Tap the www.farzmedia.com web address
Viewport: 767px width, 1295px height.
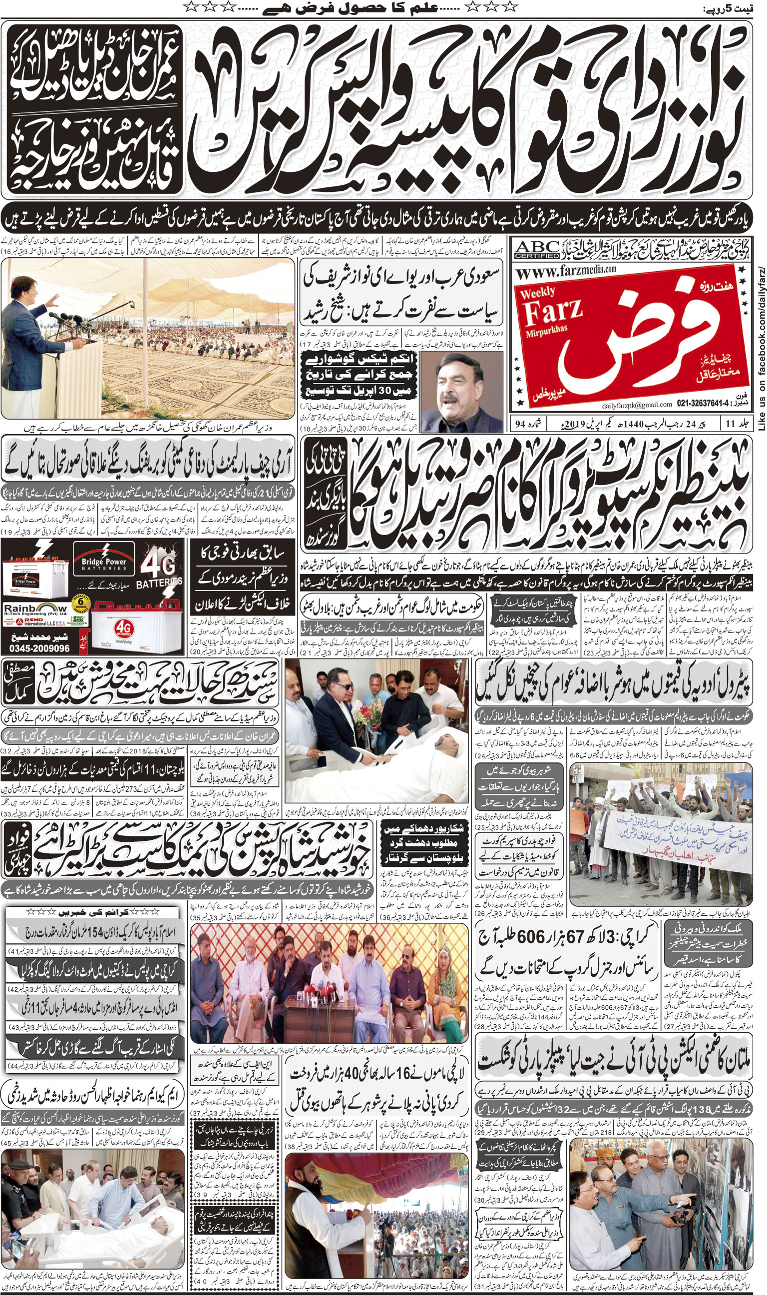(566, 270)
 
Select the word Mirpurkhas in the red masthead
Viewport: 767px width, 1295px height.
(546, 328)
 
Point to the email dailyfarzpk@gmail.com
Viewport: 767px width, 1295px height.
(637, 404)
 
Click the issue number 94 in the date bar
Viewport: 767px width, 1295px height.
(520, 424)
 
